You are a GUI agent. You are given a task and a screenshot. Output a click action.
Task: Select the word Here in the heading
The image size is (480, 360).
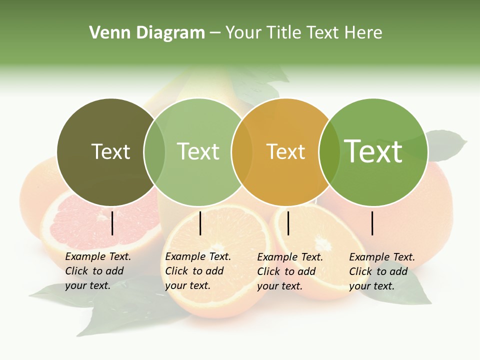[x=364, y=33]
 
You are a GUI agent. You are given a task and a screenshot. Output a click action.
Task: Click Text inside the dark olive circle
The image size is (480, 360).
[x=110, y=152]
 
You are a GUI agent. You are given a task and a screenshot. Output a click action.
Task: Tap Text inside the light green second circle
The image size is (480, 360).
[x=198, y=152]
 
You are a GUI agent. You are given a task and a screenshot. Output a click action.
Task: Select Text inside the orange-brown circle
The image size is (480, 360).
[x=285, y=152]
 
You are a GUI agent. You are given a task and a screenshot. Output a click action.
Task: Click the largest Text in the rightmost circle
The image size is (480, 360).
[x=373, y=151]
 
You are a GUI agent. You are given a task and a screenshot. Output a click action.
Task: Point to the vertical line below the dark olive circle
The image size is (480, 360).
[x=112, y=223]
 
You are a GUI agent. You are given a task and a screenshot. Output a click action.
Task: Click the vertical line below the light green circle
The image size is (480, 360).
[x=200, y=223]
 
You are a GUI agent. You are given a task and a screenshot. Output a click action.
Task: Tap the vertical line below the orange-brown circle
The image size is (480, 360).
[x=288, y=223]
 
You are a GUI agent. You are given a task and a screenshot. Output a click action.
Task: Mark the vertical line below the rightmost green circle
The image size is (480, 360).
[x=372, y=223]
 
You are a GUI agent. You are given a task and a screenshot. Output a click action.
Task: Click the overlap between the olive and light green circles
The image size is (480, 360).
[x=154, y=152]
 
